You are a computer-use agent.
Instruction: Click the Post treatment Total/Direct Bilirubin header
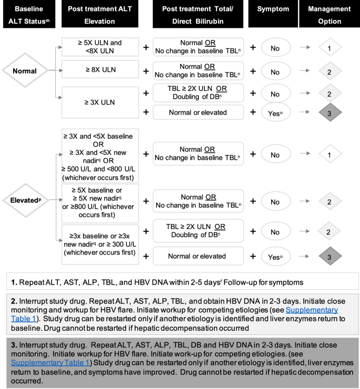click(199, 16)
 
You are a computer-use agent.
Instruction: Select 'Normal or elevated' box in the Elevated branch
click(198, 256)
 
